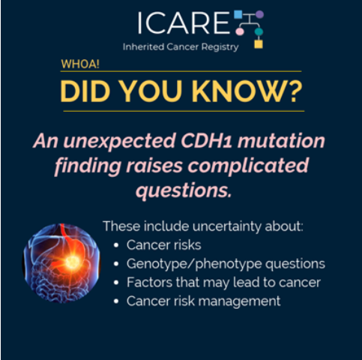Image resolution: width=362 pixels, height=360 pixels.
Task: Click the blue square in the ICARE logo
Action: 238,14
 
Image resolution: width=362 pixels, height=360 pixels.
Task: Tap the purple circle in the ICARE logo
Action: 259,14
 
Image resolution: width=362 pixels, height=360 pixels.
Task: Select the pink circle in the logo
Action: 240,31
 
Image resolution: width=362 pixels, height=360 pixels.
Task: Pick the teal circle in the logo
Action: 259,31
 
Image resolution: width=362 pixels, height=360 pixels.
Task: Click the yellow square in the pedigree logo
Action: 259,44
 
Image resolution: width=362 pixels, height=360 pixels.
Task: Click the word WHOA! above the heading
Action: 80,64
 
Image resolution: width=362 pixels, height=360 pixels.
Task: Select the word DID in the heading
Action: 85,91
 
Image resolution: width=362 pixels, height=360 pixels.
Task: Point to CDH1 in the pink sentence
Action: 207,140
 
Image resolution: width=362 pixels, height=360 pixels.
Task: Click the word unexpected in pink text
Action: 119,142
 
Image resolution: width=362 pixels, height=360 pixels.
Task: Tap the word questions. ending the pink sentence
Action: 184,191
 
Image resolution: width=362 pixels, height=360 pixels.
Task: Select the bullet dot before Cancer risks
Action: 116,245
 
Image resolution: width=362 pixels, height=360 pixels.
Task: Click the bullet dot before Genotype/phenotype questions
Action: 116,264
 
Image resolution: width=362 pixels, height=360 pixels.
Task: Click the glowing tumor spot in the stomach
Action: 72,262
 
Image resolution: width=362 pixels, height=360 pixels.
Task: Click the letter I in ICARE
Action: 140,22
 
